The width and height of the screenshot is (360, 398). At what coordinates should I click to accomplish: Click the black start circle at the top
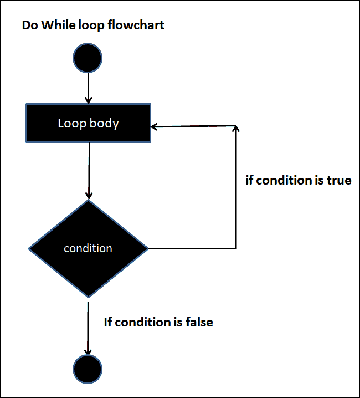pos(88,58)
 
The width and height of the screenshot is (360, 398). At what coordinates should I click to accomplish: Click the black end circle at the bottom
pos(88,369)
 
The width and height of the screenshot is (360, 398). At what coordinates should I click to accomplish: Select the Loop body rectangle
pos(88,123)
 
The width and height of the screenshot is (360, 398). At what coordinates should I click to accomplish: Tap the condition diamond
pos(88,248)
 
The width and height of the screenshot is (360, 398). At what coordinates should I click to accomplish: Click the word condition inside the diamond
pos(88,248)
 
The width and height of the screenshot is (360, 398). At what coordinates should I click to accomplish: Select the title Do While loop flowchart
pos(93,25)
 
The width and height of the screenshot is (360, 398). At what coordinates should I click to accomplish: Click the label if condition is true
pos(298,180)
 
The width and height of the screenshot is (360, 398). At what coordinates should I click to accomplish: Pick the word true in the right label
pos(338,180)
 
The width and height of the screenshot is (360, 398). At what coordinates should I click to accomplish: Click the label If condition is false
pos(158,322)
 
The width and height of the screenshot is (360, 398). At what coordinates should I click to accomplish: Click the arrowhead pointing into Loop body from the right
pos(155,126)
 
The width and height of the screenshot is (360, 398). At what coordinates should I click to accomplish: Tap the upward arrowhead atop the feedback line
pos(236,129)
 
